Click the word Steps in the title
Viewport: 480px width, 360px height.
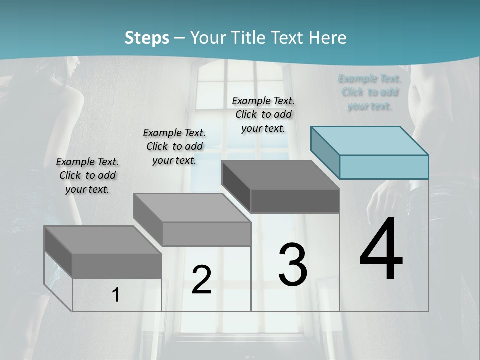click(x=147, y=38)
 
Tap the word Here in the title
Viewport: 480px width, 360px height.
click(x=328, y=38)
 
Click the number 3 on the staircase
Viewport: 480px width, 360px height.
click(x=293, y=265)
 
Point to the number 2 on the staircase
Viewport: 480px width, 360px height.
click(x=201, y=280)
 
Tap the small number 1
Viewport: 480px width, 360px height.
click(x=116, y=295)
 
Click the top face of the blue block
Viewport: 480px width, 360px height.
click(x=370, y=140)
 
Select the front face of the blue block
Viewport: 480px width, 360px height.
click(x=384, y=167)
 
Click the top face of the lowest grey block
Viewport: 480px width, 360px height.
click(x=103, y=240)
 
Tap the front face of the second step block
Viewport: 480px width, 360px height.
click(x=207, y=234)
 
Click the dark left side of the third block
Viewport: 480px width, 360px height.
click(x=236, y=186)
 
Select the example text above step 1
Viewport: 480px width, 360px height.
click(x=87, y=175)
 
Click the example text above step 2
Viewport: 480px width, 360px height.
click(x=174, y=146)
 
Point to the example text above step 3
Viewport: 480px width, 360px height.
click(x=263, y=114)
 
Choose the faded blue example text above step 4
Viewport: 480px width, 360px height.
click(x=370, y=92)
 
